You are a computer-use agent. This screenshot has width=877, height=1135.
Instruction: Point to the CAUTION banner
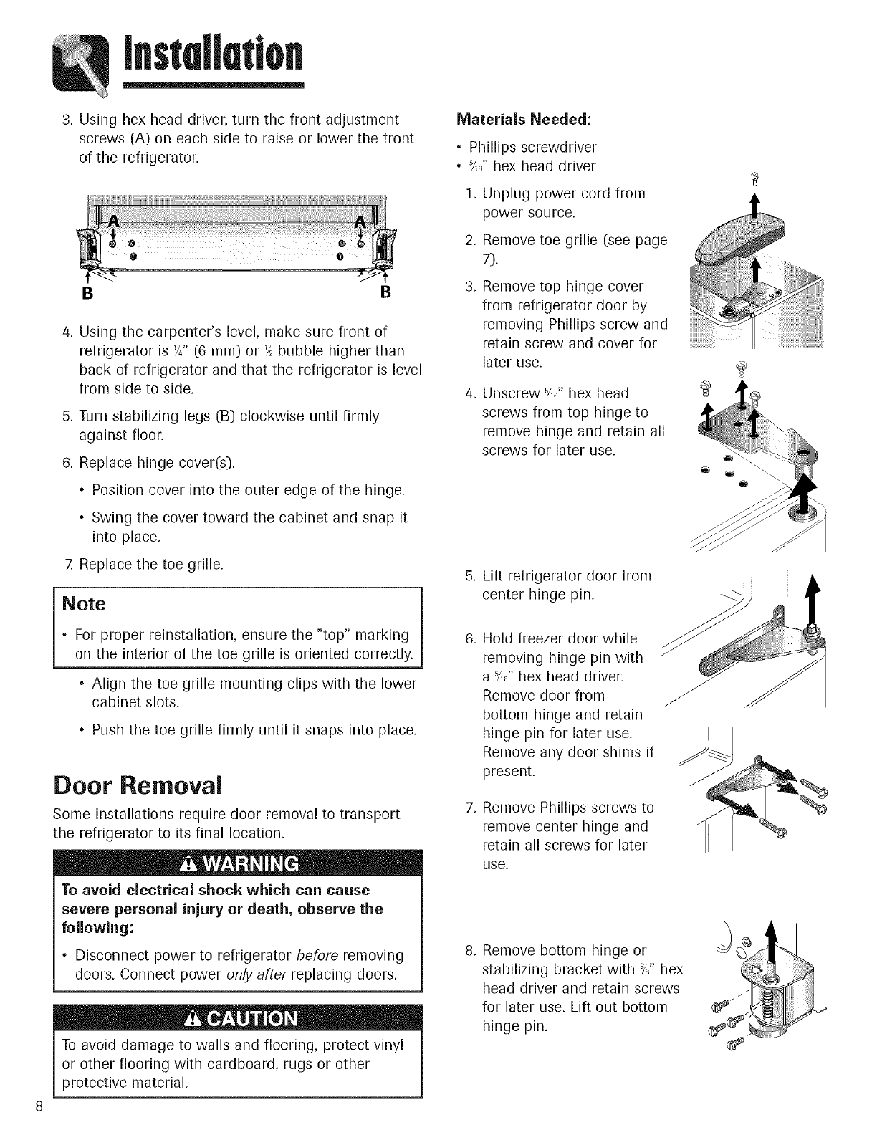(239, 1020)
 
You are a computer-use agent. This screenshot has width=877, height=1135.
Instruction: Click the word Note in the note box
(84, 604)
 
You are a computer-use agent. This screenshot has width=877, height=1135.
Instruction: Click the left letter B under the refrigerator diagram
(90, 293)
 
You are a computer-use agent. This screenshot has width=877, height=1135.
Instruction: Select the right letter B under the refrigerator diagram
(385, 293)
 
